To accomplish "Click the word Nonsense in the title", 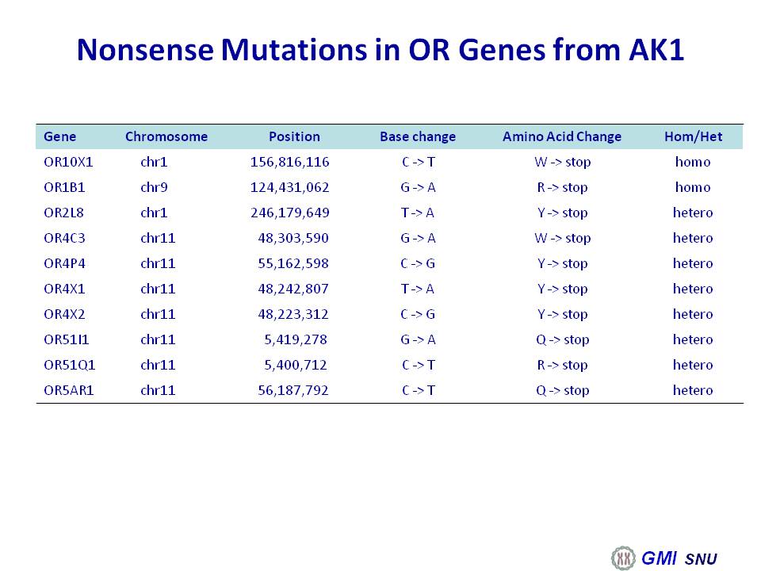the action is point(145,49).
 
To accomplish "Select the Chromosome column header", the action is point(166,136).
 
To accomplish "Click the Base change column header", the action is point(418,136).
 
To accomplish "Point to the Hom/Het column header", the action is point(694,136).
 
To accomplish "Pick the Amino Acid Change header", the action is point(562,136).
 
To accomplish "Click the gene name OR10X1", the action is point(68,162).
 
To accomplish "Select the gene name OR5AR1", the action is point(69,390).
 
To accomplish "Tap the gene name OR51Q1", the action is point(70,365).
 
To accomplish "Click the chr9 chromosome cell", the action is point(154,187).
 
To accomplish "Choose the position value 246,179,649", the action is point(290,213).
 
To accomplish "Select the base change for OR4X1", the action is point(418,289).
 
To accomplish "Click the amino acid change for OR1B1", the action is point(563,187).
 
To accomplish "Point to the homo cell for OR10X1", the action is point(693,162).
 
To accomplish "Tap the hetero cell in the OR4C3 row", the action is point(693,238).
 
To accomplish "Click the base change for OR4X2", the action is point(418,314).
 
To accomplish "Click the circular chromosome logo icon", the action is point(623,558).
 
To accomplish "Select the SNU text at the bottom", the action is point(701,559).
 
